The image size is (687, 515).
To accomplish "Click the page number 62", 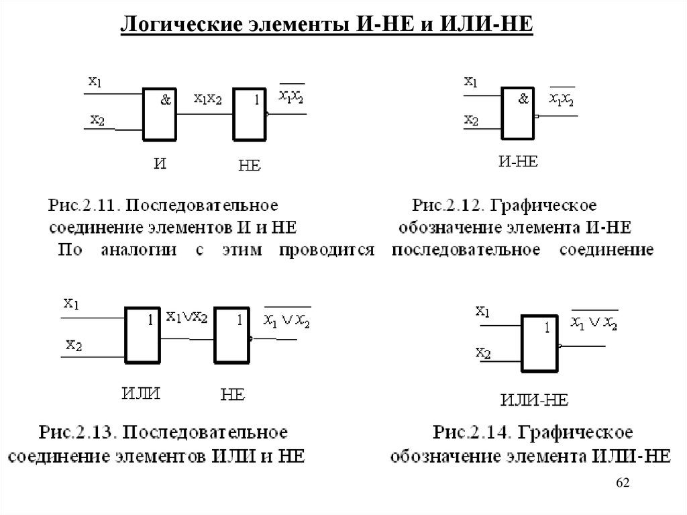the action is (623, 483).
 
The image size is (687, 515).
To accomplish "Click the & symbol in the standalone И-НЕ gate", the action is (523, 99).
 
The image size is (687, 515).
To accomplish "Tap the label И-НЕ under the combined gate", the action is (518, 161).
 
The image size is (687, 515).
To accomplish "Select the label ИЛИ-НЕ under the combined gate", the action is (534, 400).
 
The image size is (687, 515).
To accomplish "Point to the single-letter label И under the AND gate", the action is (160, 164).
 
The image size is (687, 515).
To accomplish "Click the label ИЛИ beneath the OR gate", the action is (141, 393).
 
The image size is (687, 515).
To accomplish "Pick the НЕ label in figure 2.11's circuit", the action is (250, 165).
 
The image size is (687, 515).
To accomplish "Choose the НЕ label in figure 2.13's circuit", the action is (232, 395).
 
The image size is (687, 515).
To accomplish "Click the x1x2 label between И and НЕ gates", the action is (208, 99).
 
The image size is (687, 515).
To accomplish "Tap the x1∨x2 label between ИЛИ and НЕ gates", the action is (187, 317).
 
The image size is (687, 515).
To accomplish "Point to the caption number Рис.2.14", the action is (472, 432).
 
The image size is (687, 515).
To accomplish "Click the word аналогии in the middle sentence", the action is (138, 250).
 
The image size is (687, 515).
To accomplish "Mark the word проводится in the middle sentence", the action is (327, 250).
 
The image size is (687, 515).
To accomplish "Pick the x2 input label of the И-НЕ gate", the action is (471, 120).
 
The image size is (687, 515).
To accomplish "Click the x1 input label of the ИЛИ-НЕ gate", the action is (482, 311).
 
